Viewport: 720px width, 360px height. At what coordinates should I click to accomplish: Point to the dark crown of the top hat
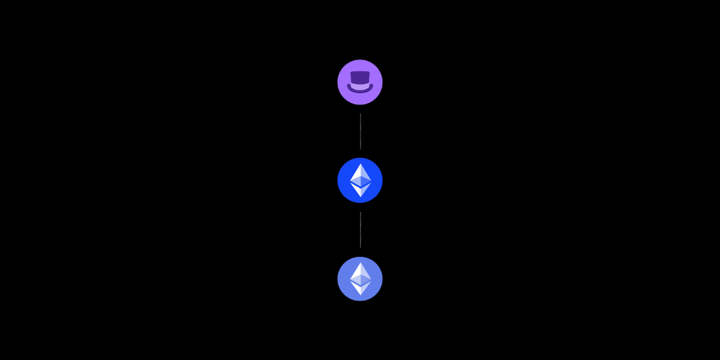tap(360, 76)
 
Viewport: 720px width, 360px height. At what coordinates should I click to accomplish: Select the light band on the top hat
tap(360, 86)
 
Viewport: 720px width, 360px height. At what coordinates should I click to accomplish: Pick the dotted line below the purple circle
tap(360, 131)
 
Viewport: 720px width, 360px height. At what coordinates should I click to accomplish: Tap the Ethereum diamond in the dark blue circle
tap(361, 180)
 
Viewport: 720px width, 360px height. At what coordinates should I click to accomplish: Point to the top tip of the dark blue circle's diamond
tap(361, 164)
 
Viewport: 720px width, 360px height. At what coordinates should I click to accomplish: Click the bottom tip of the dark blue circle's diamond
tap(361, 197)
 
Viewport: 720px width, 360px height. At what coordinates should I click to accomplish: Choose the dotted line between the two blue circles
tap(360, 230)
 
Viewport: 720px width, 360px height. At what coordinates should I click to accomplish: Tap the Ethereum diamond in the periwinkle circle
tap(361, 278)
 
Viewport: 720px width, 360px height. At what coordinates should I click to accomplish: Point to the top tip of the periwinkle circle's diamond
tap(361, 263)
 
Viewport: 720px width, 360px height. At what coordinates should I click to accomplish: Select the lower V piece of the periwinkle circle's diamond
tap(361, 289)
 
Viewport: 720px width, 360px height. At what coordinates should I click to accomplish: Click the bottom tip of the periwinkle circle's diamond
tap(361, 295)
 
